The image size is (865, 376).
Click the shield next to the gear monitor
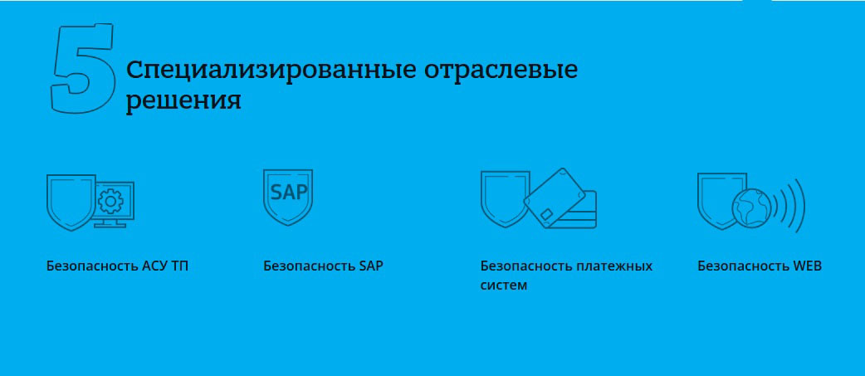click(x=71, y=203)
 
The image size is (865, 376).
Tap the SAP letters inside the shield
click(x=289, y=193)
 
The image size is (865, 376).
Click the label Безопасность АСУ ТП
click(x=118, y=266)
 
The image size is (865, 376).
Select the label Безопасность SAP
click(x=323, y=266)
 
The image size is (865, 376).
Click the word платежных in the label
click(x=614, y=266)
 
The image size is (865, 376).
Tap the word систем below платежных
click(x=504, y=286)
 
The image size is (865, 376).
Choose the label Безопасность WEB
click(x=760, y=266)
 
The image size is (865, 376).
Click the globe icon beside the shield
click(x=751, y=208)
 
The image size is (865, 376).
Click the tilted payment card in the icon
click(x=555, y=198)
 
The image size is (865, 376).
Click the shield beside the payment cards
click(x=503, y=199)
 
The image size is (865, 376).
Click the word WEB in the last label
click(x=808, y=266)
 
